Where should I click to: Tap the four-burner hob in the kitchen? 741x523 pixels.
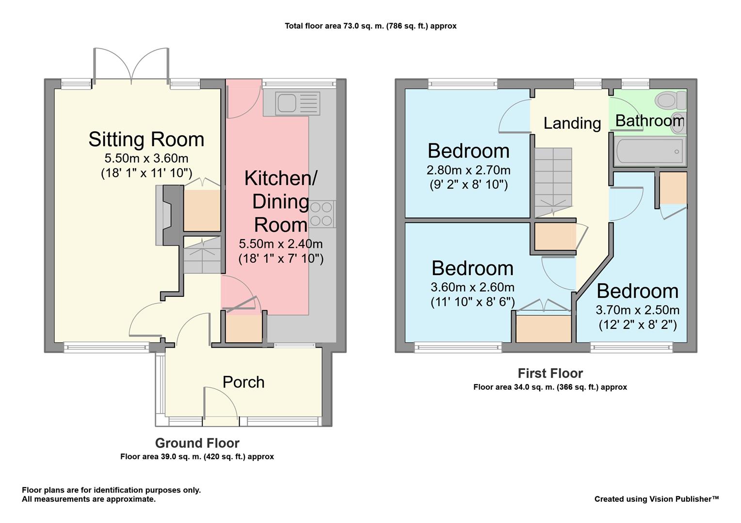coord(321,214)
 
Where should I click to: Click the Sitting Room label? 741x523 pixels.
coord(146,139)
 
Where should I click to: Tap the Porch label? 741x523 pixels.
coord(243,382)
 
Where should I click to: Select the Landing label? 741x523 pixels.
coord(572,123)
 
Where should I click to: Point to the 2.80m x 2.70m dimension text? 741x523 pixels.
coord(468,170)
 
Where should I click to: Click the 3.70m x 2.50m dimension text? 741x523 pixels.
coord(638,310)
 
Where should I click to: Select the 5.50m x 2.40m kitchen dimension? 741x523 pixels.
coord(280,244)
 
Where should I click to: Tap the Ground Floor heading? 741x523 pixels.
coord(197,443)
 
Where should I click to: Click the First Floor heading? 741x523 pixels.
coord(550,373)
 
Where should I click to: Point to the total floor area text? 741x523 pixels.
coord(370,26)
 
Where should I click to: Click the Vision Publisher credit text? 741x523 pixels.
coord(657,499)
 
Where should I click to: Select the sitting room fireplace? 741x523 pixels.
coord(169,215)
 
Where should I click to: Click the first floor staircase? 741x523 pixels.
coord(553,183)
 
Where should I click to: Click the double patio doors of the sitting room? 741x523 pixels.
coord(131,65)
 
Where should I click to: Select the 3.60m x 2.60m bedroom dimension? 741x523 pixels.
coord(472,287)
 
